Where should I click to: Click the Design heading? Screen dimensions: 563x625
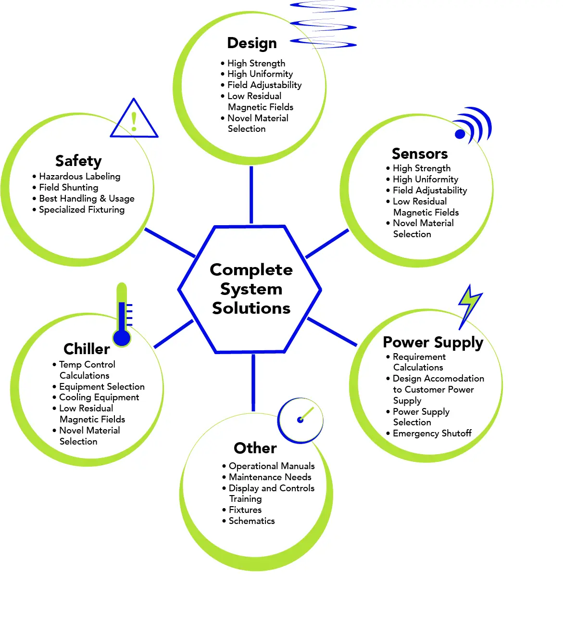pyautogui.click(x=251, y=43)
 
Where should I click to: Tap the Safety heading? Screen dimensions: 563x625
pyautogui.click(x=78, y=161)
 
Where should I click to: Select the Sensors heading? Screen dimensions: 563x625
pyautogui.click(x=419, y=153)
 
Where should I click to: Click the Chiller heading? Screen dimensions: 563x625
pyautogui.click(x=87, y=349)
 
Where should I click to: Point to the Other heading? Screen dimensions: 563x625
pyautogui.click(x=255, y=448)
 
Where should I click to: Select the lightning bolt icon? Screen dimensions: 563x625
pyautogui.click(x=470, y=306)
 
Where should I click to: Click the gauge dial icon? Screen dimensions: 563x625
pyautogui.click(x=300, y=421)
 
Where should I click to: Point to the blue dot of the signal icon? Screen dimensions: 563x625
pyautogui.click(x=460, y=134)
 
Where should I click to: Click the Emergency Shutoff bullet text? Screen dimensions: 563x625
pyautogui.click(x=432, y=434)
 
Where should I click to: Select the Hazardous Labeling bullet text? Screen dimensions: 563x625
pyautogui.click(x=79, y=177)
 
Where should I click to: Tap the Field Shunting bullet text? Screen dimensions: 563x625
pyautogui.click(x=68, y=188)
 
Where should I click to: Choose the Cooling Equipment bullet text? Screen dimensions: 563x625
pyautogui.click(x=99, y=397)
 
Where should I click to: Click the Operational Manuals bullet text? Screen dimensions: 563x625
pyautogui.click(x=272, y=466)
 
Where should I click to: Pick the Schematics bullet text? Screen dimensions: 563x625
pyautogui.click(x=251, y=521)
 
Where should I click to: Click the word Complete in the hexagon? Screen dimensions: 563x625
pyautogui.click(x=251, y=270)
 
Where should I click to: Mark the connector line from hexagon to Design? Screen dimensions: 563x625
pyautogui.click(x=251, y=195)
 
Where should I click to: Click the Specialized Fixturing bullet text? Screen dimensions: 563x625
pyautogui.click(x=82, y=210)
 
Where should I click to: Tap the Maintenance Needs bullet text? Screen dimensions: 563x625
pyautogui.click(x=270, y=477)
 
